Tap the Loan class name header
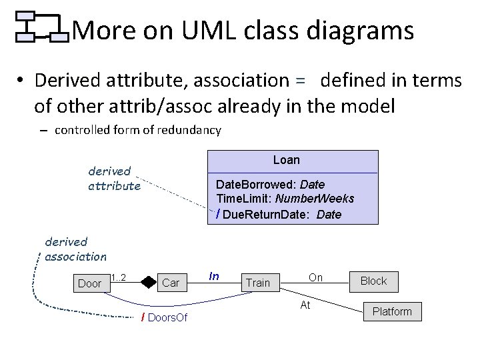(287, 160)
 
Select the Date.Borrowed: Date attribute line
(270, 184)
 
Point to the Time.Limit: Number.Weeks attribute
(285, 199)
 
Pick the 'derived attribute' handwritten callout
(114, 179)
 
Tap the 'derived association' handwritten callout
(75, 249)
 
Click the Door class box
(90, 283)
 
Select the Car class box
(171, 283)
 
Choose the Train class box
(258, 283)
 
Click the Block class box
(373, 281)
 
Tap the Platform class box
(392, 311)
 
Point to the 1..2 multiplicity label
(119, 277)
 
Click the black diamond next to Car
(148, 283)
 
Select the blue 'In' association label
(214, 276)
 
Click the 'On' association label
(315, 277)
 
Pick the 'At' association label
(305, 305)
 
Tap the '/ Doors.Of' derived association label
(164, 317)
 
